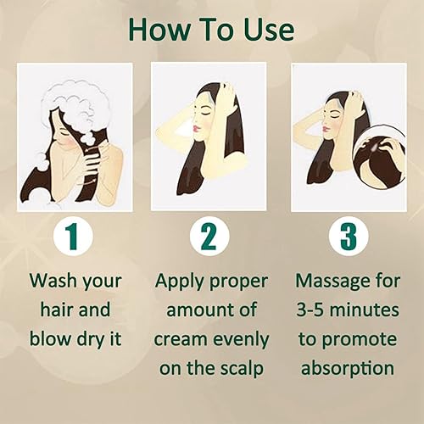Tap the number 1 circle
75,237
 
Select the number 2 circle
210,237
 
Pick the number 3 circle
347,237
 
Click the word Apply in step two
181,281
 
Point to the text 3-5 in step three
313,310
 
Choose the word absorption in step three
347,368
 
